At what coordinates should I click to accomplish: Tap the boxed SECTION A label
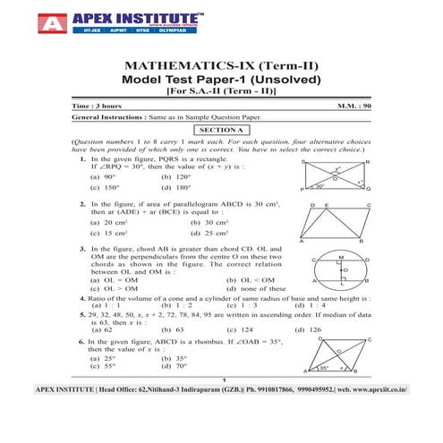221,129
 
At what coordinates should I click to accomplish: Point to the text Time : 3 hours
99,106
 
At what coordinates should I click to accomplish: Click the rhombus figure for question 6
338,359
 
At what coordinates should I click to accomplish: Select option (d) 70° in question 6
174,366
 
